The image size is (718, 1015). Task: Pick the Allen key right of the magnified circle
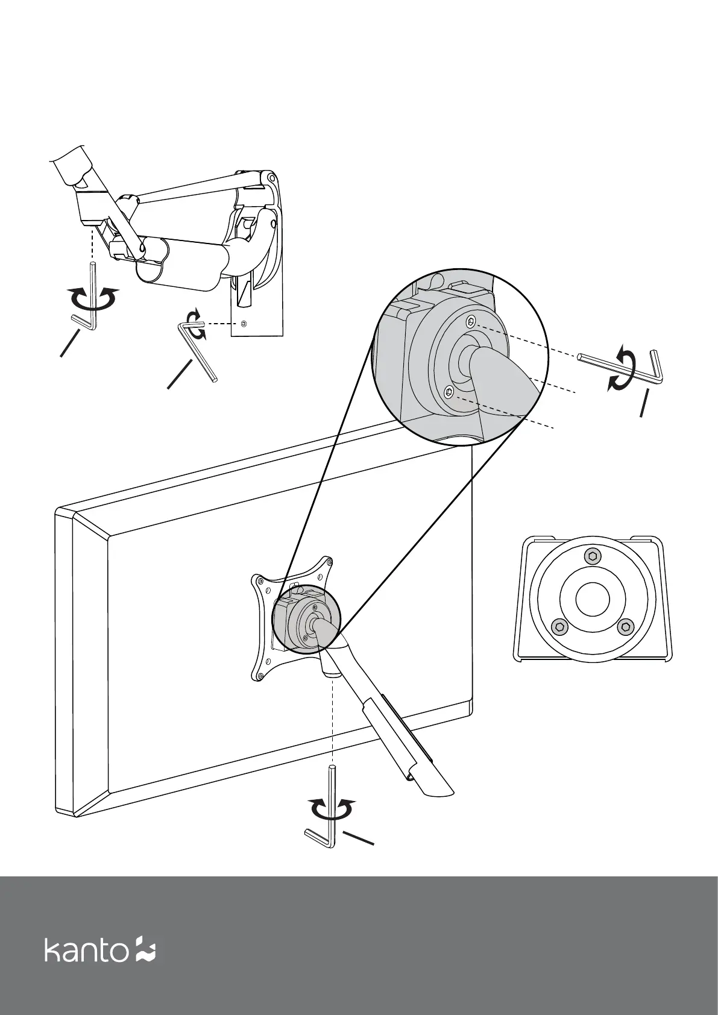621,366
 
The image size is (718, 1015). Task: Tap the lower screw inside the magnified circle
448,392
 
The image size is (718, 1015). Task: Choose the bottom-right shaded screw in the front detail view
625,627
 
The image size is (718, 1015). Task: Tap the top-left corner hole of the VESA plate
259,581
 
